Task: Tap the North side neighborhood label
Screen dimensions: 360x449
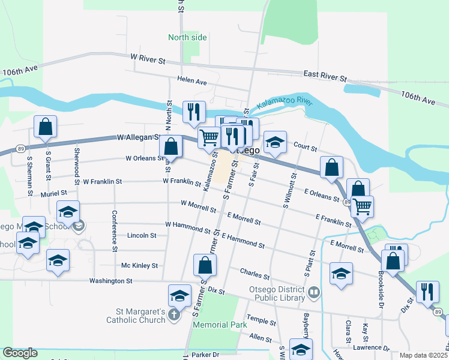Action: [187, 37]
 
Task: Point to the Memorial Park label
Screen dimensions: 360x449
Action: [220, 325]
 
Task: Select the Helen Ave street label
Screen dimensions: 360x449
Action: [191, 80]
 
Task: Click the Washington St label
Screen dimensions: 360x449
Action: [110, 280]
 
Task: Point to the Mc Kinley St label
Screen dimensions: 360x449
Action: [139, 265]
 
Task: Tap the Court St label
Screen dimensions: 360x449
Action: [305, 145]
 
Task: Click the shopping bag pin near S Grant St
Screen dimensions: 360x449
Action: [46, 127]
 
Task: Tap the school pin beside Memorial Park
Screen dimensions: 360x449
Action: [179, 296]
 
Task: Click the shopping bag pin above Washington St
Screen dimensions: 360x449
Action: [205, 265]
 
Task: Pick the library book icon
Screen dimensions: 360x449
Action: [314, 293]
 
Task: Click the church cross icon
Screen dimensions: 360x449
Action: [173, 315]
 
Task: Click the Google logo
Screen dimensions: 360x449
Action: [20, 353]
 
